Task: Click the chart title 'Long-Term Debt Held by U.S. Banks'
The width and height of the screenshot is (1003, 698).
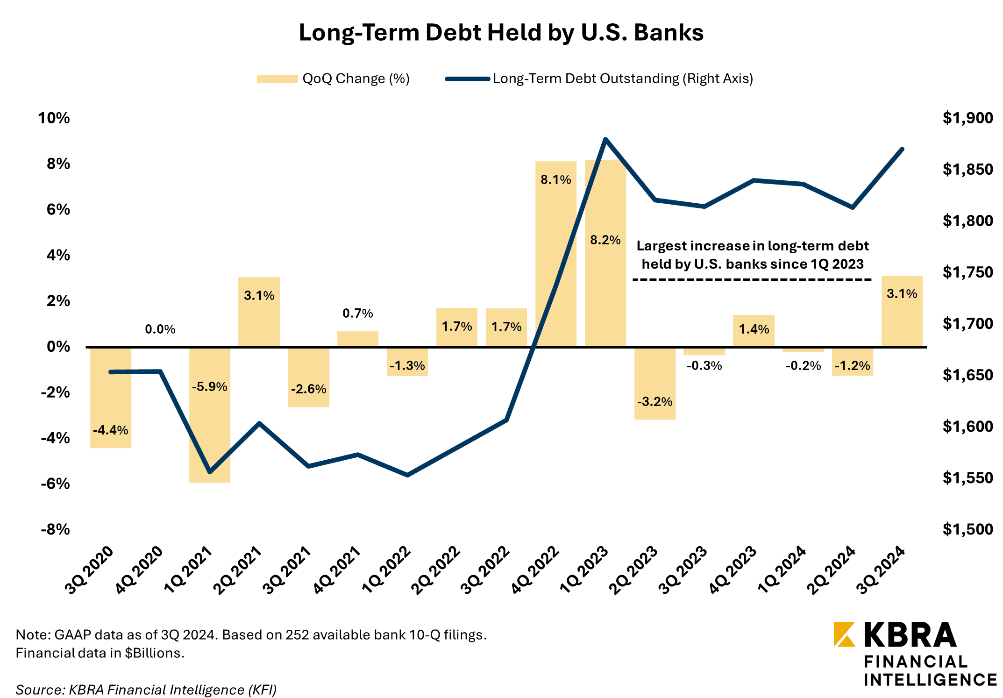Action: coord(501,33)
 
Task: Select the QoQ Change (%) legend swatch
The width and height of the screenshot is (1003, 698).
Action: coord(277,79)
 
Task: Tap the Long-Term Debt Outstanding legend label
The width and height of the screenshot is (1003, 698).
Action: coord(623,78)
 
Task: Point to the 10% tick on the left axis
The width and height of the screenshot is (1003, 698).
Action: coord(54,118)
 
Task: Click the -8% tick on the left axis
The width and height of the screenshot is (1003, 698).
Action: coord(55,529)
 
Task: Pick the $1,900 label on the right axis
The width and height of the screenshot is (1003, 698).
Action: coord(967,118)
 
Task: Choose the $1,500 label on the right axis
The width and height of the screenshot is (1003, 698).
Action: coord(967,529)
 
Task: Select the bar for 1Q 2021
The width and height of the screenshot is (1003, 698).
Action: coord(210,434)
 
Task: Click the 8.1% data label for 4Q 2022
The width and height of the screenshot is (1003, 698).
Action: coord(555,180)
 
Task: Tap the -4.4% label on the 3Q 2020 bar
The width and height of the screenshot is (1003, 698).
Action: coord(110,430)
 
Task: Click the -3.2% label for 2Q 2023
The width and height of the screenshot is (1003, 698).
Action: coord(654,402)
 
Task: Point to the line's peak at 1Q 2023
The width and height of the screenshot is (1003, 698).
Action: coord(605,139)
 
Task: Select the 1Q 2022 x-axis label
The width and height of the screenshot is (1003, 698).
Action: coord(387,570)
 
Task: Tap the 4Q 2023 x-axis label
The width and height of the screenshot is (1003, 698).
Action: coord(732,570)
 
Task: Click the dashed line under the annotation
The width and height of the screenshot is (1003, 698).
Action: coord(752,280)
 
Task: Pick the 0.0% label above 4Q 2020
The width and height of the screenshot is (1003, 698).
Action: coord(160,329)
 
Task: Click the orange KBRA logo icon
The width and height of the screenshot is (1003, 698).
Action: coord(844,634)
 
